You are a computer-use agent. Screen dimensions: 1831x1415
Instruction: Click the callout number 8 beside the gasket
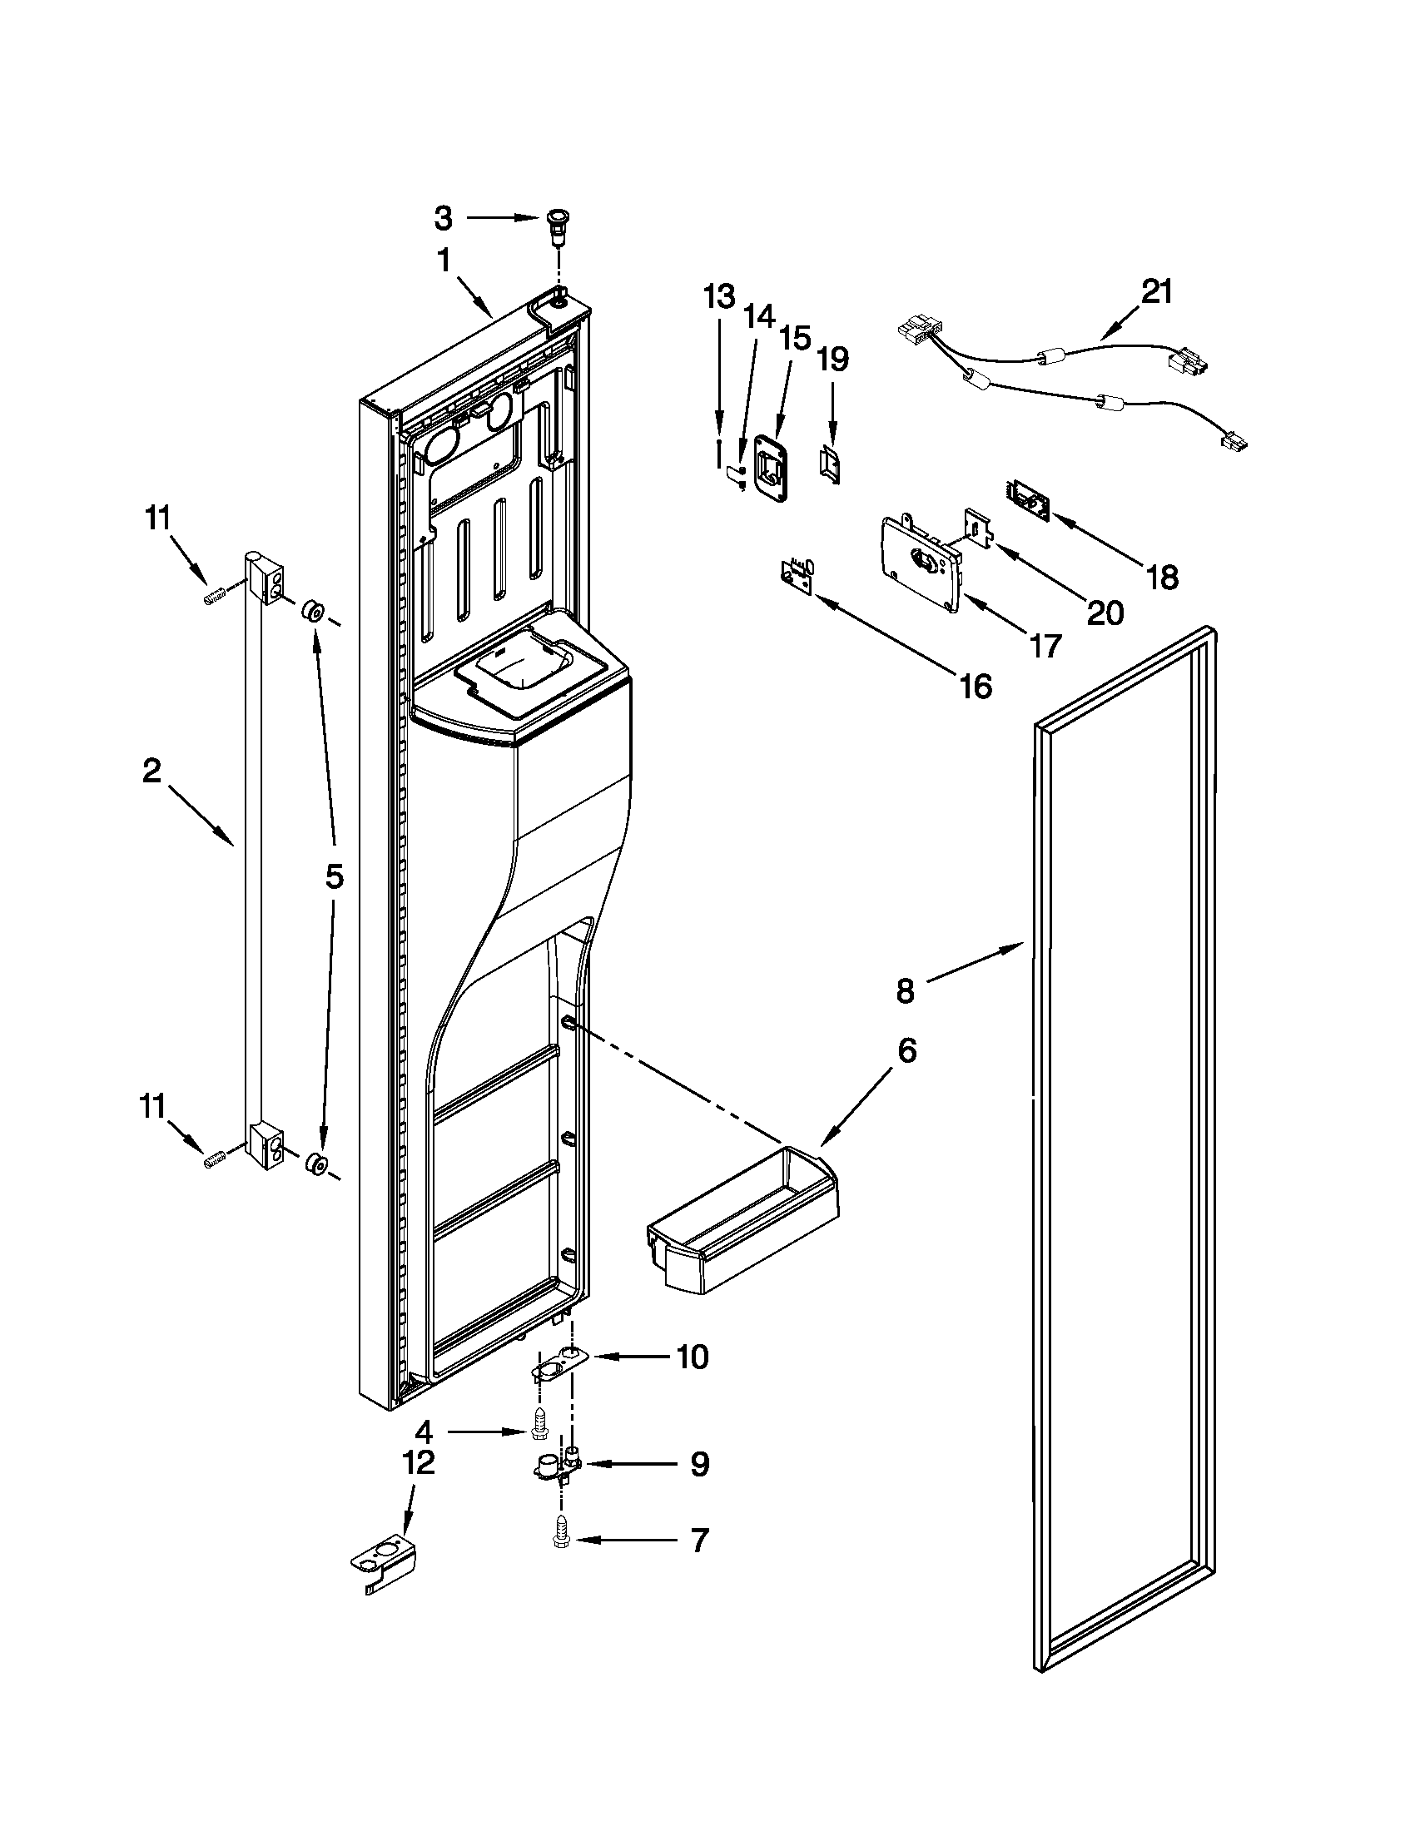pos(905,991)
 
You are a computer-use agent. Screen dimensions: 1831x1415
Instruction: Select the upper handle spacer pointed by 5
pos(314,609)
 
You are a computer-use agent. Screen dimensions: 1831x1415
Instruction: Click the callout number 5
pos(334,877)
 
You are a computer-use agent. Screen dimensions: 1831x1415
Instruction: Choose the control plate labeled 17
pos(919,567)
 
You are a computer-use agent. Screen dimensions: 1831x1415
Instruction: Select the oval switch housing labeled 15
pos(773,469)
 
